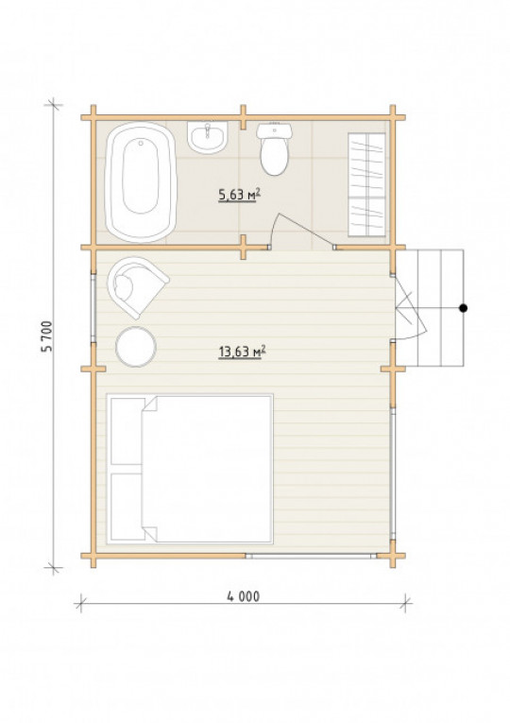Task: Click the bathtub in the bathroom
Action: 141,182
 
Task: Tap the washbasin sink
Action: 208,137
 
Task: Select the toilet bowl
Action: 274,149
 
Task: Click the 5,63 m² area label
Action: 240,195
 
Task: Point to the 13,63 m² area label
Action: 242,352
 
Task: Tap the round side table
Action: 136,347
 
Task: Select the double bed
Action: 190,469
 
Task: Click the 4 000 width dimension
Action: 244,596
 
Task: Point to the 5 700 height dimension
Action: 47,336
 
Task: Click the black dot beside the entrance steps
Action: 464,308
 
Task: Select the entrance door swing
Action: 410,308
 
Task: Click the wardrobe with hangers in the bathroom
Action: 366,184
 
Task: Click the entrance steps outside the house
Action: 430,307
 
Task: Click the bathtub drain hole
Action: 141,143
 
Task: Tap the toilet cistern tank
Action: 274,130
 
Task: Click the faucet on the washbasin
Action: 208,129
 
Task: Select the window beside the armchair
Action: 93,308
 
